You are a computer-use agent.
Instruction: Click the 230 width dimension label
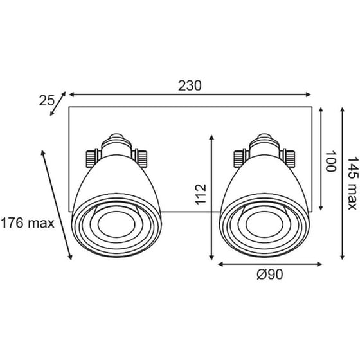tap(191, 85)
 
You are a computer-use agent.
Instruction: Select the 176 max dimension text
tap(28, 223)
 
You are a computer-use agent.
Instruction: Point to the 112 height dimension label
tap(201, 196)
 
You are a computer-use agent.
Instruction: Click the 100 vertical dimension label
tap(330, 161)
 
